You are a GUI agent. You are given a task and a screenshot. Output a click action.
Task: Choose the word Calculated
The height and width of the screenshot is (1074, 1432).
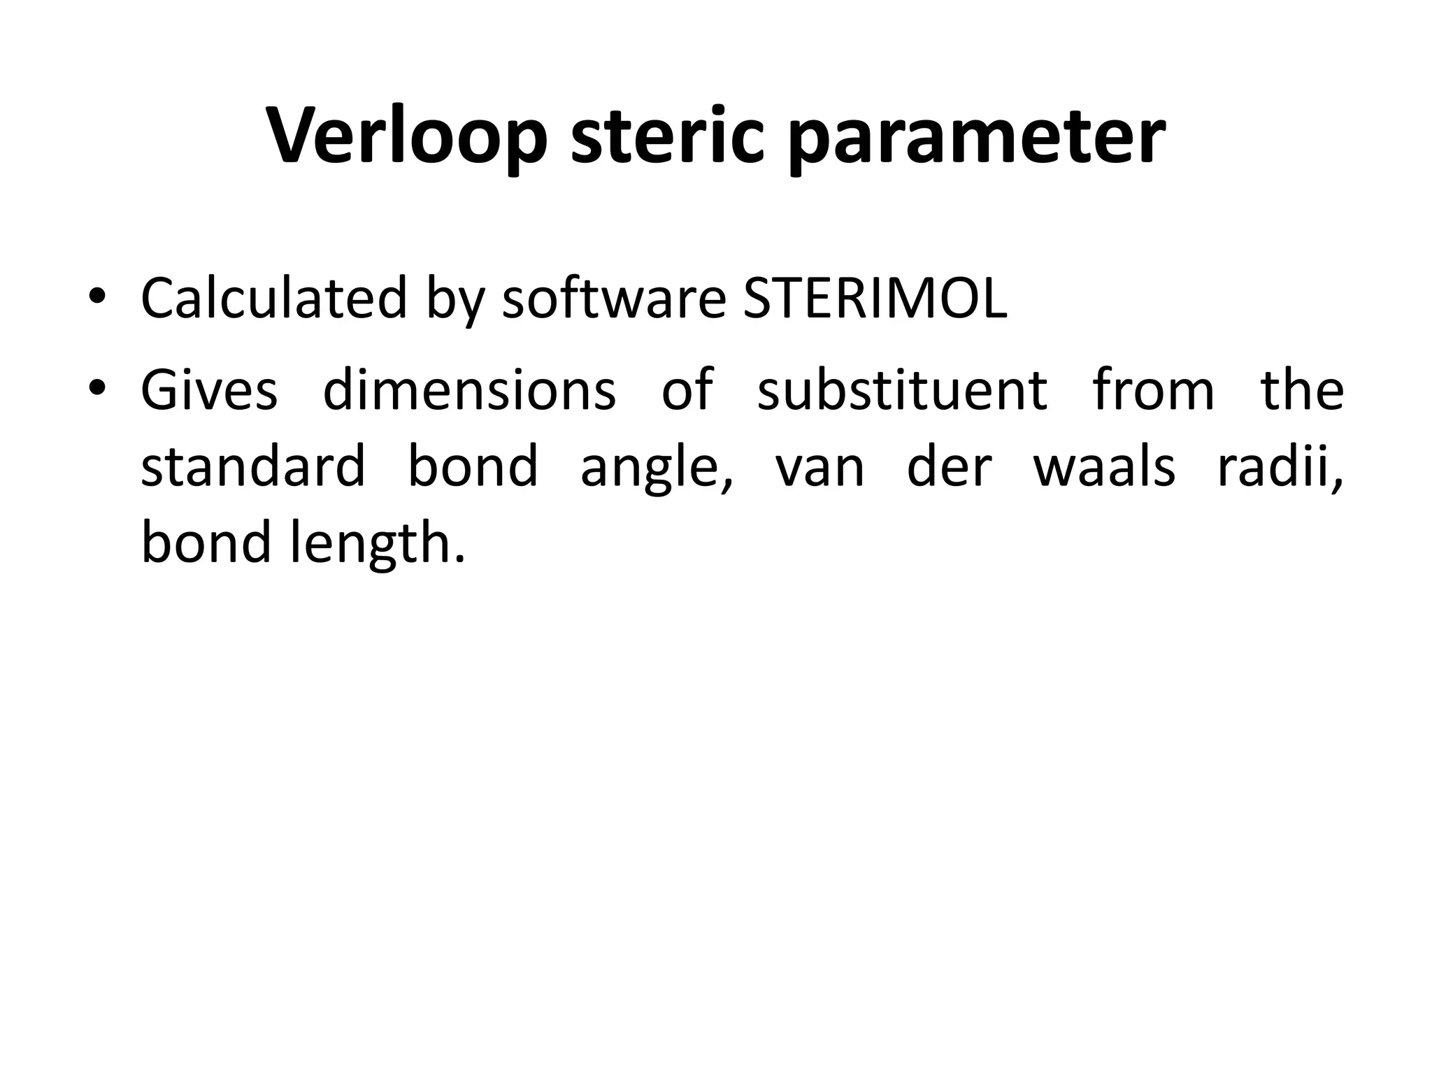point(273,298)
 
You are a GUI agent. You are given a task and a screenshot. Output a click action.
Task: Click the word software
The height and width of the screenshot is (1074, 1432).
point(614,298)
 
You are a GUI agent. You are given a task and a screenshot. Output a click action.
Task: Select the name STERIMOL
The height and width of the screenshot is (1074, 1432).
point(875,298)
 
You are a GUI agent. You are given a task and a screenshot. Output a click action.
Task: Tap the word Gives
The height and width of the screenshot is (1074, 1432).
point(209,390)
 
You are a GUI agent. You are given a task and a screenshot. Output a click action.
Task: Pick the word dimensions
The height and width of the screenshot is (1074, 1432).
point(469,390)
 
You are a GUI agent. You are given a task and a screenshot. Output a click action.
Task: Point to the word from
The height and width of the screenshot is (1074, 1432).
point(1154,390)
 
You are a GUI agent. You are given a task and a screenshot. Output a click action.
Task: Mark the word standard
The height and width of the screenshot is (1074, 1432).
point(253,466)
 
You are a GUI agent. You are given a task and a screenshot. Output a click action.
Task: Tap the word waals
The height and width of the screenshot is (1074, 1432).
point(1104,466)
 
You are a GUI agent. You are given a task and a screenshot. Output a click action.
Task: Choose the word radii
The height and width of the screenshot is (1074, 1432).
point(1280,466)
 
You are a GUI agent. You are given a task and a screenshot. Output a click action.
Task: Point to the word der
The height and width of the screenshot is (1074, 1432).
point(949,466)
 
